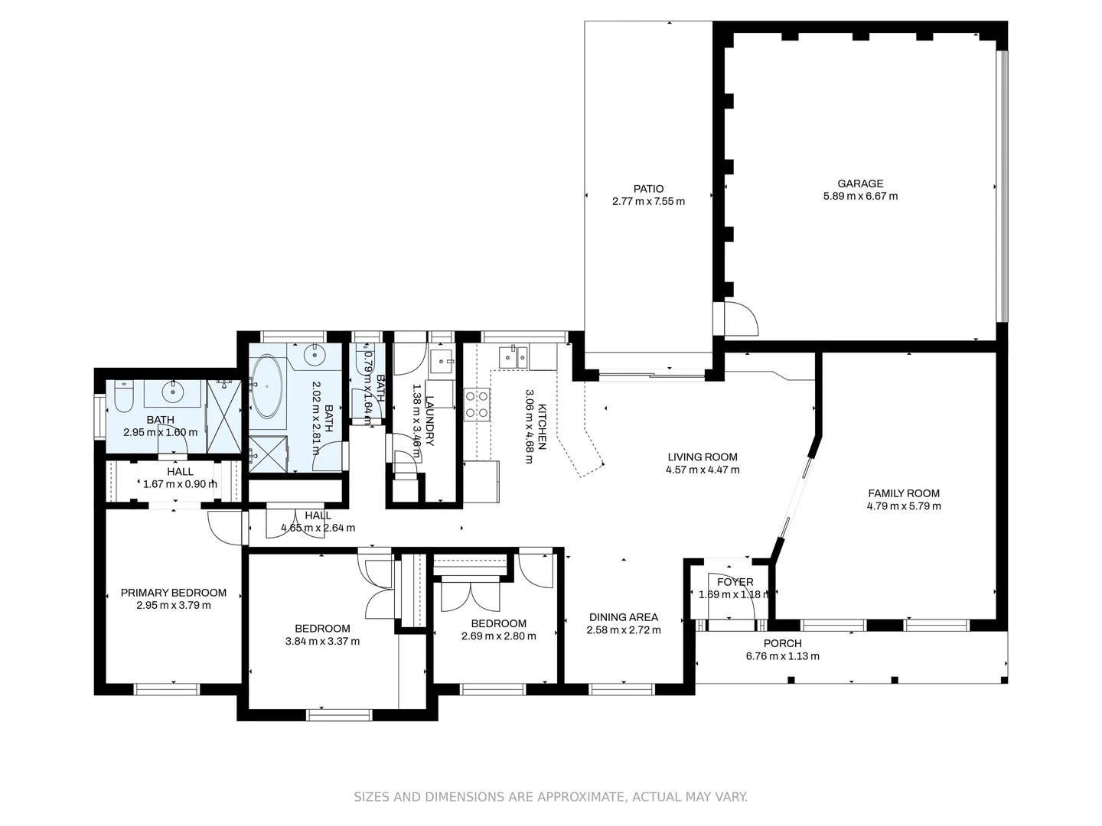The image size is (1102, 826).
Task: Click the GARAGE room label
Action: tap(859, 184)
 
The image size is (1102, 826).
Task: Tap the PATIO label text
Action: tap(648, 189)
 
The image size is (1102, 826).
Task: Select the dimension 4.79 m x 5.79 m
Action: tap(904, 506)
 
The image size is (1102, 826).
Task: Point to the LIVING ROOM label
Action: tap(703, 457)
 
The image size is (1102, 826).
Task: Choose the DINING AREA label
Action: tap(623, 617)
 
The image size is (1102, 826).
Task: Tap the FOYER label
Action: tap(735, 582)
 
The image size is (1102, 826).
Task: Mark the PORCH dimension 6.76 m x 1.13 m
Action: tap(782, 656)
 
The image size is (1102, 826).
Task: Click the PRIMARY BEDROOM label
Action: tap(174, 593)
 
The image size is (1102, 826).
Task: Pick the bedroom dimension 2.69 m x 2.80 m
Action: tap(498, 636)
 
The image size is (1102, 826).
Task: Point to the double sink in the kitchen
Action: tap(514, 356)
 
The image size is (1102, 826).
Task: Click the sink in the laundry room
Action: tap(441, 360)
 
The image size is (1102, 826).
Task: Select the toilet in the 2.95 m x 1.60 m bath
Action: tap(123, 395)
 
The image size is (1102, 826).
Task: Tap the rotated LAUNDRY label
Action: tap(430, 421)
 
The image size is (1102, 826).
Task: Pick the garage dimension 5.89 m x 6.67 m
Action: tap(859, 197)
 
